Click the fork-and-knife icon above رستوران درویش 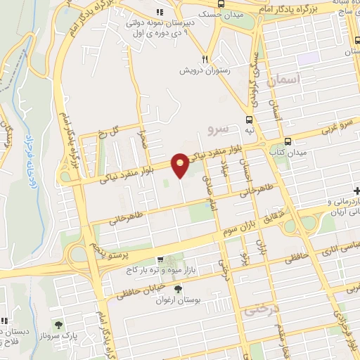pyautogui.click(x=205, y=59)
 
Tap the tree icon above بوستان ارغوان pyautogui.click(x=179, y=288)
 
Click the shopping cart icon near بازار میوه pyautogui.click(x=161, y=259)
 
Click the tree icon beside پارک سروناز pyautogui.click(x=58, y=326)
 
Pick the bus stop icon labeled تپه pyautogui.click(x=250, y=132)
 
